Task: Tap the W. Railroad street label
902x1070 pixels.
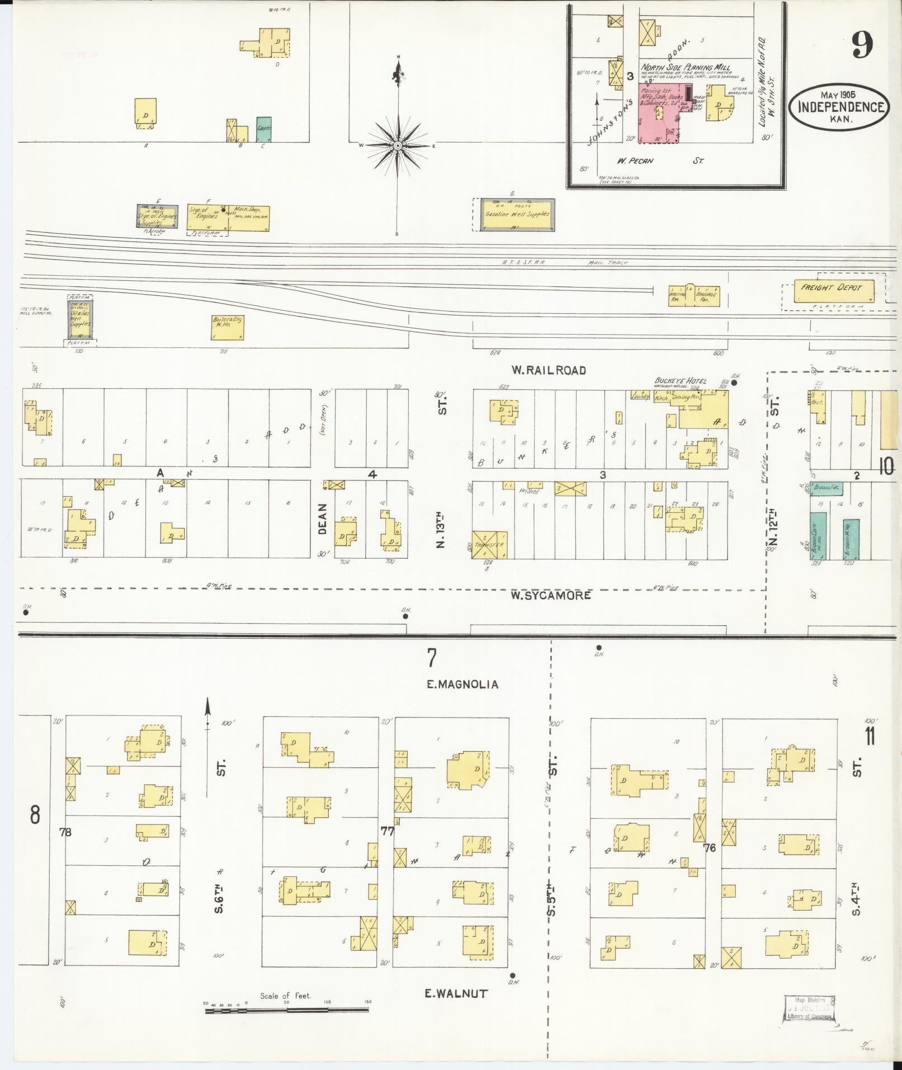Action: point(548,370)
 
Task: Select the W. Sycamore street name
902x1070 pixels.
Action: point(550,595)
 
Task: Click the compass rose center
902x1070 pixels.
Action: point(398,146)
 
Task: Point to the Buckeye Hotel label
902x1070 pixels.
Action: point(680,381)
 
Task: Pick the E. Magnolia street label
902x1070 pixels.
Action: point(462,684)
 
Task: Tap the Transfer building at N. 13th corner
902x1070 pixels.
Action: point(489,545)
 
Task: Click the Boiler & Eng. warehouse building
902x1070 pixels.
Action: point(227,328)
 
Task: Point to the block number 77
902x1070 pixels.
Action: point(387,831)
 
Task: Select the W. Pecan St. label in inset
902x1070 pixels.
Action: point(660,161)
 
